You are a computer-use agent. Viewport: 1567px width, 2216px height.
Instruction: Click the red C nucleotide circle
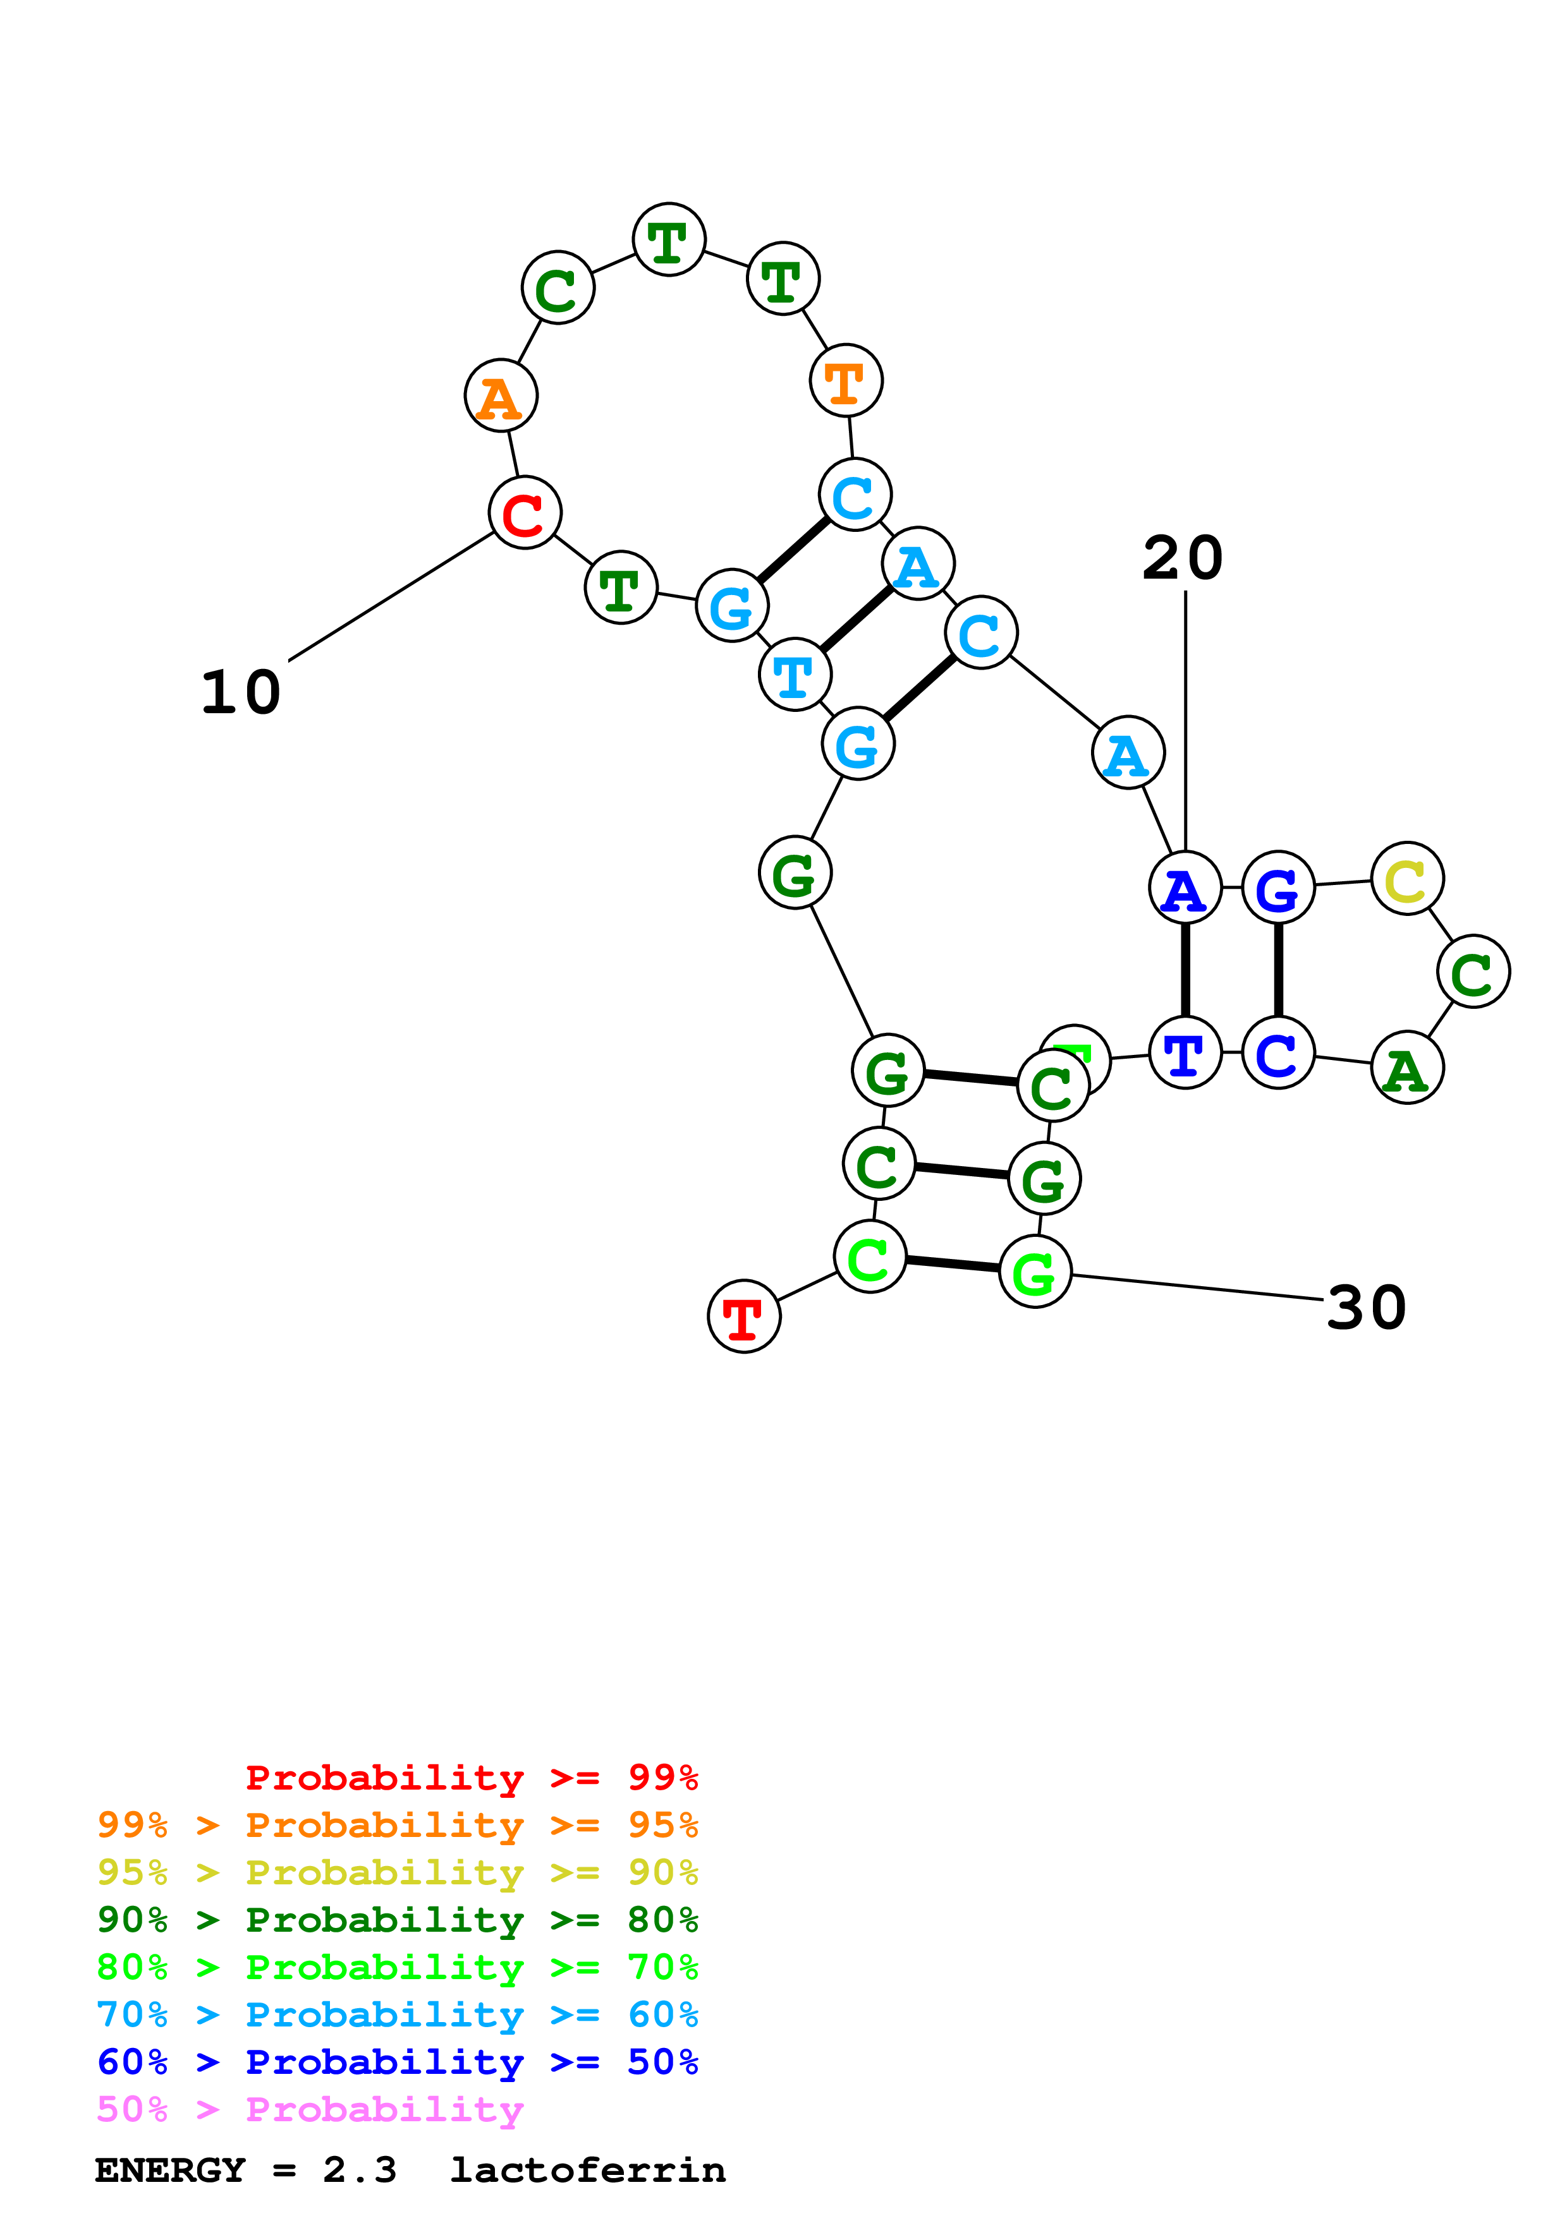tap(524, 512)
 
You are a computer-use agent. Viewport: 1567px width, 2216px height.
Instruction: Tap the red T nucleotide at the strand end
tap(743, 1316)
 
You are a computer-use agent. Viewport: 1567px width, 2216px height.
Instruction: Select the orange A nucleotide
tap(500, 395)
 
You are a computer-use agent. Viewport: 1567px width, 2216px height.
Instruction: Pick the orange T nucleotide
tap(846, 380)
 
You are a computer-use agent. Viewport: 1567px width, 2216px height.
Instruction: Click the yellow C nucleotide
tap(1406, 878)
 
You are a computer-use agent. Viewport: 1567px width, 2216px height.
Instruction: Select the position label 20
tap(1183, 558)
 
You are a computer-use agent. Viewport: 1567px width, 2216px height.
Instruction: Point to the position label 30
tap(1366, 1308)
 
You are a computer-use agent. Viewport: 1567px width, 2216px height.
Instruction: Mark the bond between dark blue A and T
tap(1185, 970)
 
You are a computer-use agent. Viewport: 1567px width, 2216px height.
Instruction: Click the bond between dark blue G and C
tap(1278, 970)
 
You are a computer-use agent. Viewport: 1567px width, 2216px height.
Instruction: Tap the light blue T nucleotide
tap(795, 673)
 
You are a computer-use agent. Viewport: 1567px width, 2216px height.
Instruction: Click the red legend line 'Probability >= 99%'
tap(471, 1777)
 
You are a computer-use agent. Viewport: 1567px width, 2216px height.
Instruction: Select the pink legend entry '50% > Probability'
tap(310, 2109)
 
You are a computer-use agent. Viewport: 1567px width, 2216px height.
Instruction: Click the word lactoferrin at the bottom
tap(587, 2170)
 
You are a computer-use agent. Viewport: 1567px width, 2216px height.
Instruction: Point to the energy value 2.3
tap(359, 2170)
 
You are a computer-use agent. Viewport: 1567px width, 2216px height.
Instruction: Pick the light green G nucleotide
tap(1035, 1272)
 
